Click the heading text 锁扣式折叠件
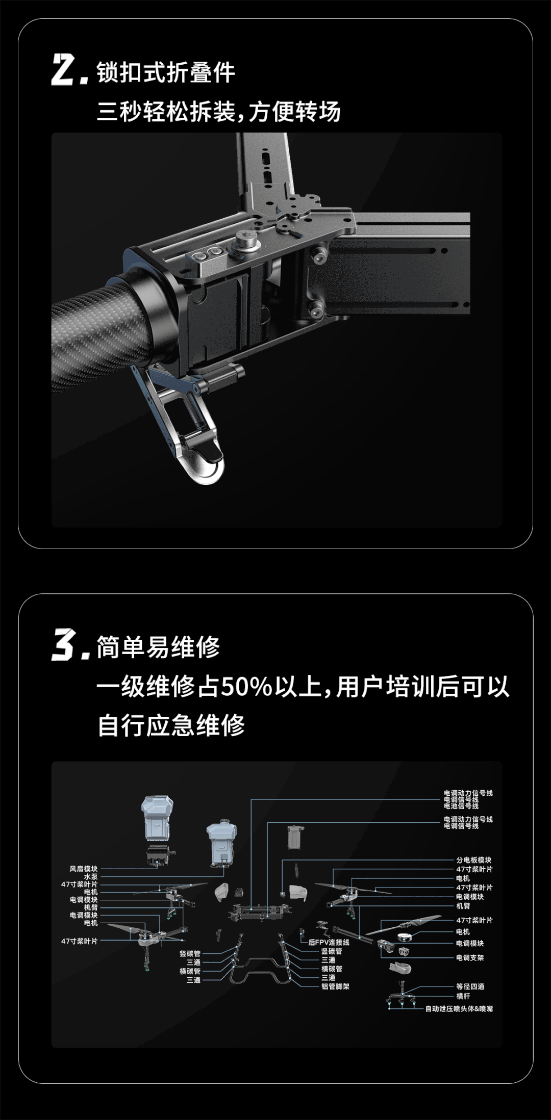[x=166, y=72]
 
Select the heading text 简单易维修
[x=158, y=647]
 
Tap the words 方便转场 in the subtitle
[x=295, y=111]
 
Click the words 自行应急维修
[x=171, y=725]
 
